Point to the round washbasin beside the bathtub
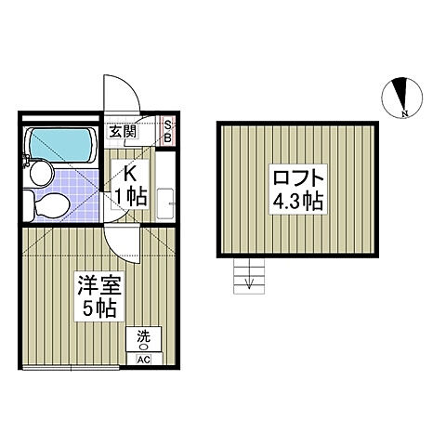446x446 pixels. [39, 172]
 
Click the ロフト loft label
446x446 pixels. [298, 177]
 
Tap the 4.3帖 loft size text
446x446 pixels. [297, 201]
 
